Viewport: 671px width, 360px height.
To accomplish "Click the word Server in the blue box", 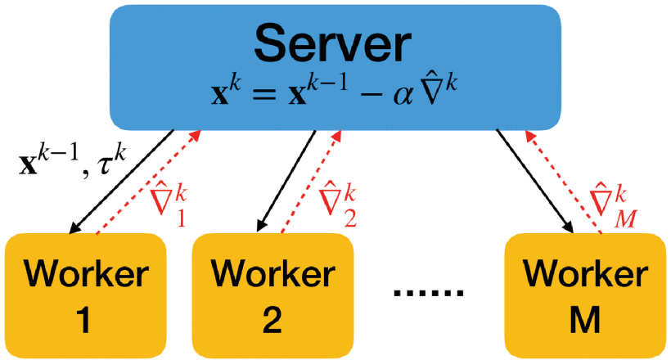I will (335, 46).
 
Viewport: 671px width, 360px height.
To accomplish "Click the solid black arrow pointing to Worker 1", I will (123, 180).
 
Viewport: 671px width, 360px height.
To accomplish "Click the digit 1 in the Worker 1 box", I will (84, 321).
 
